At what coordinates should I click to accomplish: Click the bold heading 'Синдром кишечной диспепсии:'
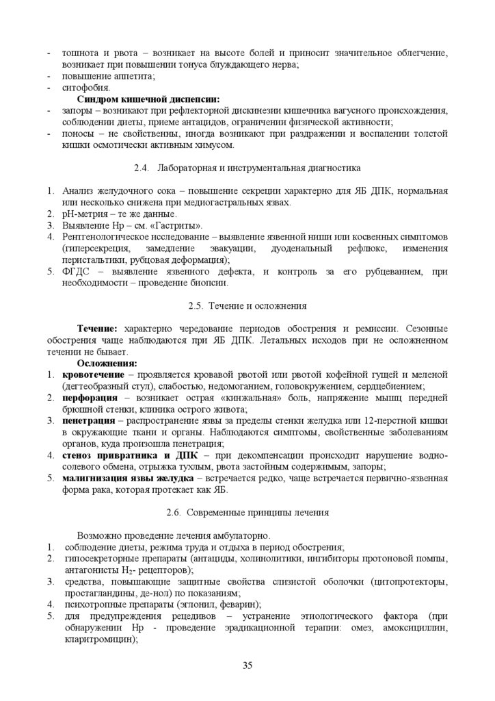pyautogui.click(x=142, y=99)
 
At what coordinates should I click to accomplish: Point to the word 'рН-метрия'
pyautogui.click(x=83, y=214)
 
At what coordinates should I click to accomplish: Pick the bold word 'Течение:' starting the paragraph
pyautogui.click(x=97, y=329)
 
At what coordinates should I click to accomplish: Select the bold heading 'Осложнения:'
pyautogui.click(x=107, y=363)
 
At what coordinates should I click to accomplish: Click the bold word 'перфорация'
pyautogui.click(x=88, y=398)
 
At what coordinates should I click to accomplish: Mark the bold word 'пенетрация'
pyautogui.click(x=88, y=420)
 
